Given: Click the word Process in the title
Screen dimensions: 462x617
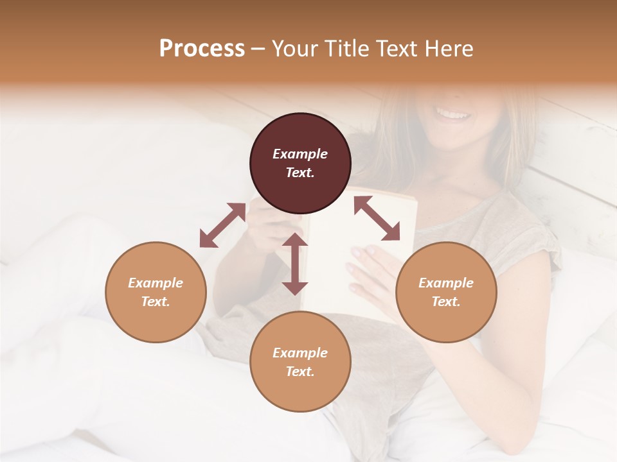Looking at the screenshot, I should click(x=202, y=49).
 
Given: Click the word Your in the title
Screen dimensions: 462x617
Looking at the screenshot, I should click(x=294, y=49).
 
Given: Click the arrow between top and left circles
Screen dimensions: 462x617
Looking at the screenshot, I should click(x=222, y=225).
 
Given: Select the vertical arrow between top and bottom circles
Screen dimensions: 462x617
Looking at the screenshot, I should click(x=295, y=264).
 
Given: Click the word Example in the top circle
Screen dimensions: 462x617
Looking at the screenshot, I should click(x=300, y=154).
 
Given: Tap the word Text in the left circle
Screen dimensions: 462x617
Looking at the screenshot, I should click(x=156, y=302).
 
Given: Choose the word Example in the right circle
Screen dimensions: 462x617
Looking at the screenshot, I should click(x=446, y=283).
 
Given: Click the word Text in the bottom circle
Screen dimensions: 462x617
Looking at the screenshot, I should click(x=300, y=372).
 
